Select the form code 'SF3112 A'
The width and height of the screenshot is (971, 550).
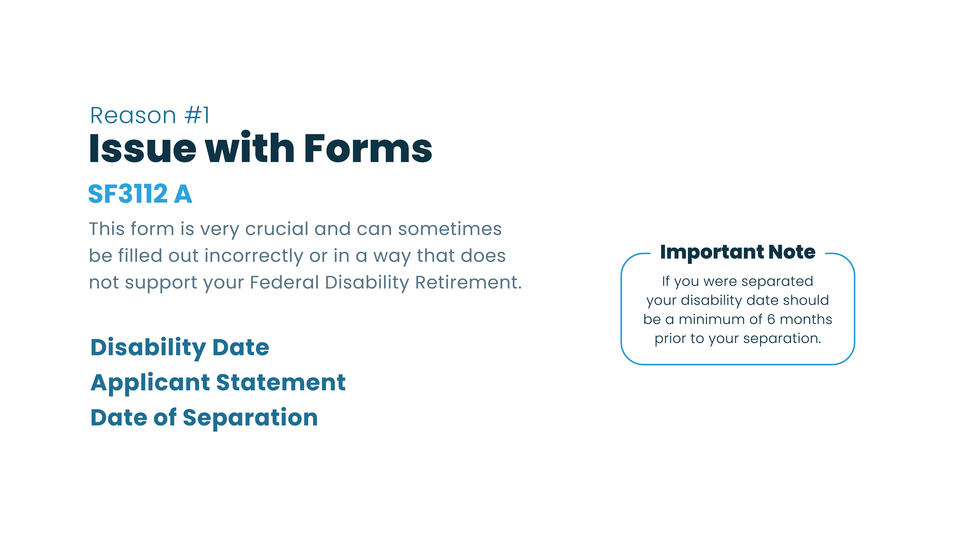(140, 194)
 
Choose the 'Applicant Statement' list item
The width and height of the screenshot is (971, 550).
(218, 383)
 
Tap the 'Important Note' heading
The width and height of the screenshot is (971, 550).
(737, 252)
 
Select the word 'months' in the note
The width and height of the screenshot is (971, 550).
(806, 320)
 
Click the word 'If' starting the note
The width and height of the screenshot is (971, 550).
(665, 281)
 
